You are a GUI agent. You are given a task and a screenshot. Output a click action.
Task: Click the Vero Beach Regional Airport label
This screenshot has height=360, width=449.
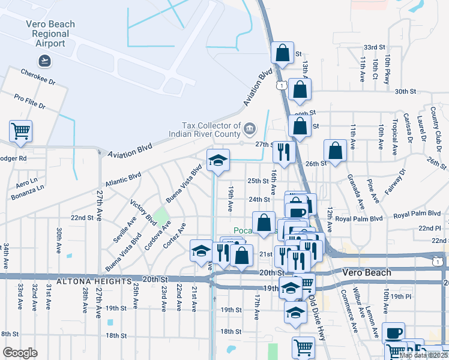[x=50, y=34]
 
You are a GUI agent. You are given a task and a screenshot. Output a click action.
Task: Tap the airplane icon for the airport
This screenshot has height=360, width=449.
[x=44, y=60]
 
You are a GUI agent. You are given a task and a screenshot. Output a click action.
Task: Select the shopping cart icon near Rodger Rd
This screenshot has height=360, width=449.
[x=20, y=131]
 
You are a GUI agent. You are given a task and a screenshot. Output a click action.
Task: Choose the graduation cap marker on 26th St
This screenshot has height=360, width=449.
[x=218, y=160]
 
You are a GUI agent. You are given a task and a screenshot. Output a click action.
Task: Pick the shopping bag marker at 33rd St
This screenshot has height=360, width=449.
[x=282, y=53]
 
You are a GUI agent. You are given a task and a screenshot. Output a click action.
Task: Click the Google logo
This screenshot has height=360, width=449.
[x=20, y=353]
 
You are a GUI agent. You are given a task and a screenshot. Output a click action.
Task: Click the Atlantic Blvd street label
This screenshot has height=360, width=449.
[x=122, y=179]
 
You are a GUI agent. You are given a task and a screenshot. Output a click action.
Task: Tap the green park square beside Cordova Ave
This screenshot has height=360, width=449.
[x=160, y=215]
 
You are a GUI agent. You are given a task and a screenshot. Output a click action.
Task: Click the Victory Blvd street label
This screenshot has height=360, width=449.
[x=143, y=212]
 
